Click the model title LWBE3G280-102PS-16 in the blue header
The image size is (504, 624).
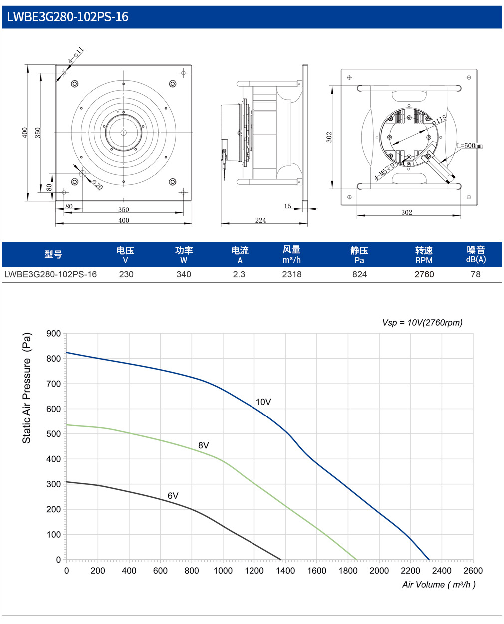pos(68,17)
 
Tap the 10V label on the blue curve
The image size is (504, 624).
pos(263,402)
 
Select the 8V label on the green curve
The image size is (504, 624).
pos(204,445)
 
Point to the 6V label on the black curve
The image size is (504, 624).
pos(173,496)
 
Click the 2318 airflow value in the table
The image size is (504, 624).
pos(292,274)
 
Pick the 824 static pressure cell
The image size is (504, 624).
pos(360,274)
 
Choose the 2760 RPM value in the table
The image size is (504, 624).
pos(424,274)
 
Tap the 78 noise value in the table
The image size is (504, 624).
pos(476,274)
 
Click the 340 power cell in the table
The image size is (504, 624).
pos(184,274)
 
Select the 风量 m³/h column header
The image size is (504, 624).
pos(292,254)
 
